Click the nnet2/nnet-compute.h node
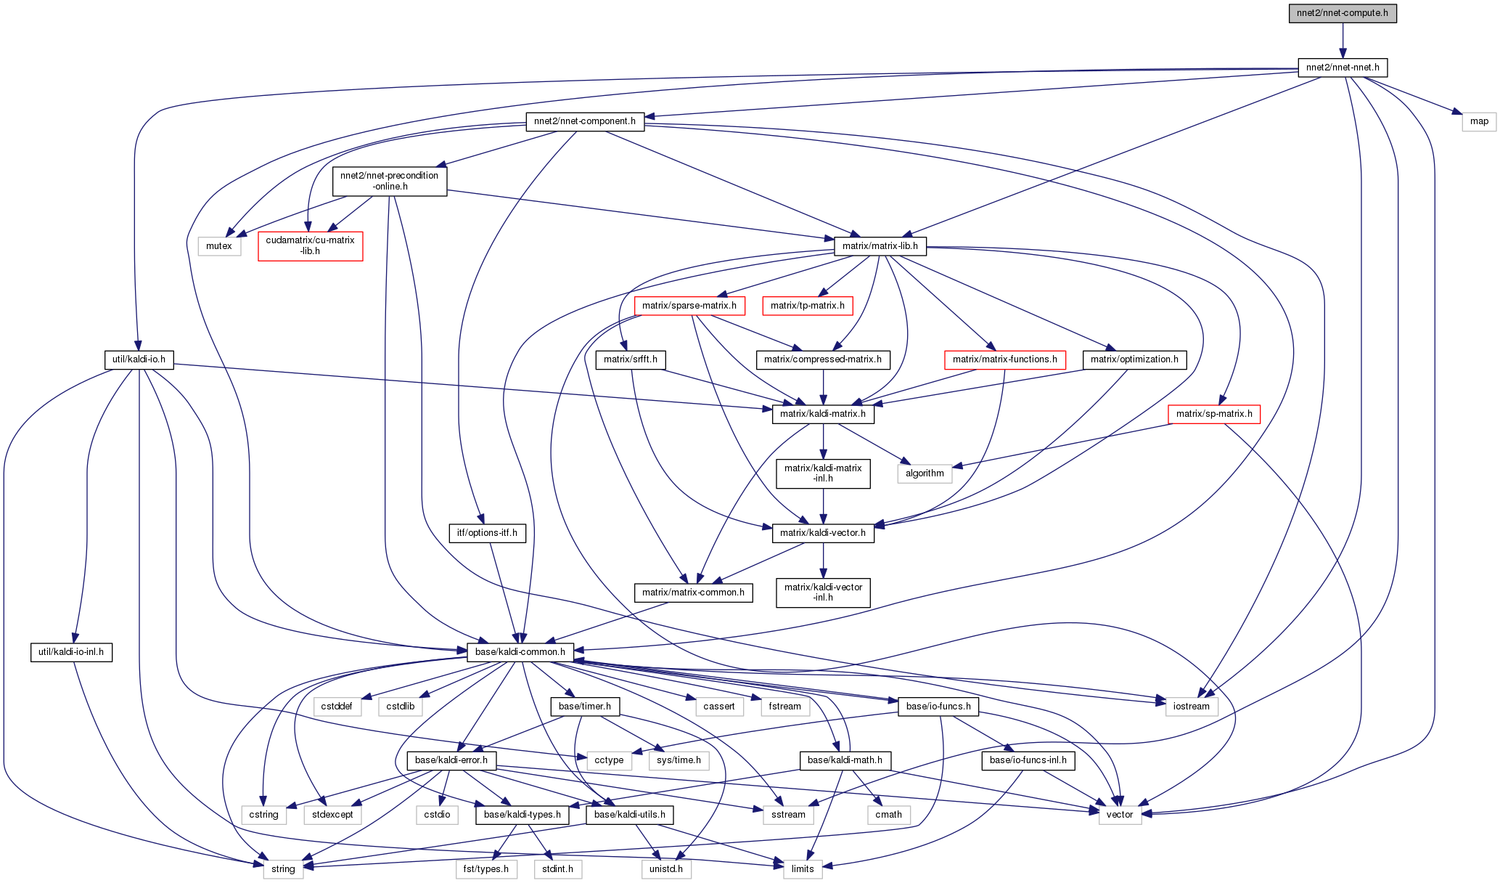[1342, 13]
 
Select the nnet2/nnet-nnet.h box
[1342, 68]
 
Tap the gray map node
[1479, 121]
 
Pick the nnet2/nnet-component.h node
[585, 121]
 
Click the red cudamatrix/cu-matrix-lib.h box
[311, 245]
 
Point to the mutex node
[219, 246]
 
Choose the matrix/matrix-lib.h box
[880, 246]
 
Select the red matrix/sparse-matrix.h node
[689, 306]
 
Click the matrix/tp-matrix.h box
[808, 306]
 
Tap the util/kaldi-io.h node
[139, 359]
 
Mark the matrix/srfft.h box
[631, 359]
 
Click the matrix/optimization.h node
[1134, 359]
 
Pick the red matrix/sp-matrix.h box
[1214, 414]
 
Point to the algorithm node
[925, 473]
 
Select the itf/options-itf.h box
[488, 533]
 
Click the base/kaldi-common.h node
[520, 652]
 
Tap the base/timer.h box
[585, 707]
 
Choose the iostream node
[1192, 707]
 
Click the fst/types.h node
[487, 869]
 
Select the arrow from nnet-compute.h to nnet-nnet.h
[1343, 41]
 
